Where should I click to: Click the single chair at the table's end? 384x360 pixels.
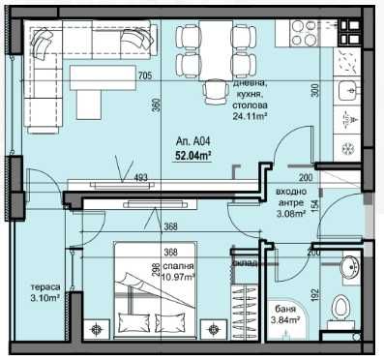pyautogui.click(x=214, y=94)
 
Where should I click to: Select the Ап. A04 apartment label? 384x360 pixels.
pyautogui.click(x=192, y=138)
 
